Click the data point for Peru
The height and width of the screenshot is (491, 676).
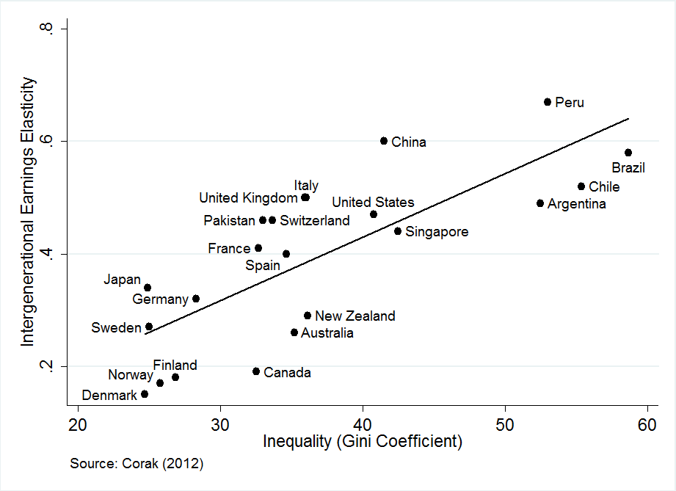[x=548, y=102]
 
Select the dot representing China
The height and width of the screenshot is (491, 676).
[x=384, y=141]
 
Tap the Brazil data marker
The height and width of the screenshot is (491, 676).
[x=628, y=153]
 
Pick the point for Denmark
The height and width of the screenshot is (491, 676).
[x=145, y=394]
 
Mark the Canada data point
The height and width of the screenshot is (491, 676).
[x=256, y=371]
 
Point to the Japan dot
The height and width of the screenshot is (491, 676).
[x=148, y=288]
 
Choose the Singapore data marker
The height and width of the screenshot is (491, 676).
[x=398, y=231]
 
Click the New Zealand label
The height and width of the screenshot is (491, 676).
[x=355, y=316]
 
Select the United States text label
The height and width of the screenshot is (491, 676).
[x=373, y=203]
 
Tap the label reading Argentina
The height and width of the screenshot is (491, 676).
[x=577, y=204]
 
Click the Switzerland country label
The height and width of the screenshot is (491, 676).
[x=315, y=221]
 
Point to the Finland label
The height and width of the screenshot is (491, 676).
[x=175, y=365]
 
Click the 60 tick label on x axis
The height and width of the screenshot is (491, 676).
[x=647, y=426]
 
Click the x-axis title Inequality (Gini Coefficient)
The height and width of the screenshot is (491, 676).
[x=363, y=443]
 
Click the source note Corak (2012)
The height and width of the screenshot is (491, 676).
[x=137, y=464]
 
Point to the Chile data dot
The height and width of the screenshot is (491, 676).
[x=581, y=186]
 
